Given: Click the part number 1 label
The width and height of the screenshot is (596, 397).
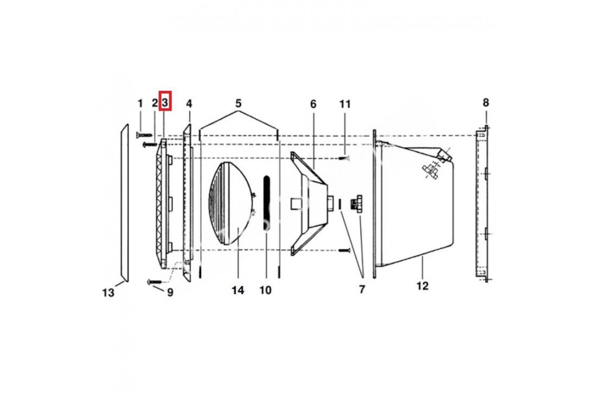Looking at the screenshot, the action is pyautogui.click(x=140, y=103).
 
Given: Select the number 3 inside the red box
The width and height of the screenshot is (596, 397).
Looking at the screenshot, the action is pyautogui.click(x=165, y=102).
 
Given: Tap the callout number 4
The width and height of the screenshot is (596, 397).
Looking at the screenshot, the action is pyautogui.click(x=189, y=103).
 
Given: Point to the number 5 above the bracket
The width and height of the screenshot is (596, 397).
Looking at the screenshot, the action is pyautogui.click(x=238, y=103).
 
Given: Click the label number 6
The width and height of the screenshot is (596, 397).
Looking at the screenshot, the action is pyautogui.click(x=313, y=104).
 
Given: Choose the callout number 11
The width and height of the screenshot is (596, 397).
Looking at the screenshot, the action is pyautogui.click(x=345, y=104).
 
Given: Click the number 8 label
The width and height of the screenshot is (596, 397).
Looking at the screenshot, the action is pyautogui.click(x=486, y=102).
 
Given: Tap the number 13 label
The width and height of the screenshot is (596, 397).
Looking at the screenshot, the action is pyautogui.click(x=108, y=293).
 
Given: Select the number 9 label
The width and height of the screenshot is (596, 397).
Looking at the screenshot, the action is pyautogui.click(x=170, y=292).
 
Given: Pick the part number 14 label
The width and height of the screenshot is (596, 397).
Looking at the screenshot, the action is pyautogui.click(x=238, y=290).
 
